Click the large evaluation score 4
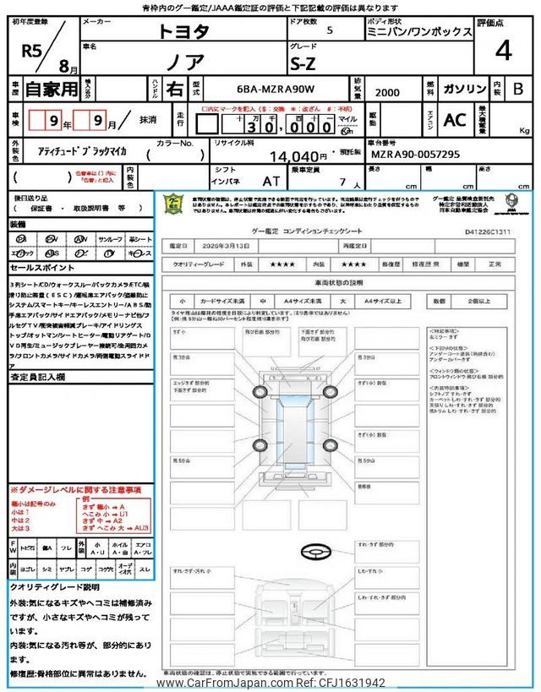click(x=504, y=52)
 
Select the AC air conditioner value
click(x=455, y=121)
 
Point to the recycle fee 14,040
click(x=297, y=156)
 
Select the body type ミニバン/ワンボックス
click(x=418, y=31)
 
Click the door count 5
click(x=329, y=30)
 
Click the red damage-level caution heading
click(x=75, y=491)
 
